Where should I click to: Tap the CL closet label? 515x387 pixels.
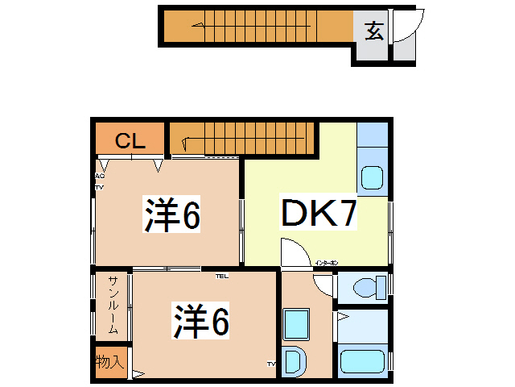[130, 142]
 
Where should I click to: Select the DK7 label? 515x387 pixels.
[319, 214]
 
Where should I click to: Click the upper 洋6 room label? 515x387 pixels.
[172, 214]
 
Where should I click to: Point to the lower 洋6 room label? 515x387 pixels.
[201, 321]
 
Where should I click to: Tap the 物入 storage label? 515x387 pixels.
[109, 362]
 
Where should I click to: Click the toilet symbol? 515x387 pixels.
[366, 287]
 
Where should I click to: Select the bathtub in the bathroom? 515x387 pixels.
[364, 360]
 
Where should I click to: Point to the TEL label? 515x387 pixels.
[221, 276]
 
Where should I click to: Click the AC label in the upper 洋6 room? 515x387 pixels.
[100, 176]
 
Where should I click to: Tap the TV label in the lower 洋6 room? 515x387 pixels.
[272, 364]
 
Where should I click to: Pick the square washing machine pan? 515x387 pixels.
[297, 324]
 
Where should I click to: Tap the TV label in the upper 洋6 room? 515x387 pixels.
[100, 187]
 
